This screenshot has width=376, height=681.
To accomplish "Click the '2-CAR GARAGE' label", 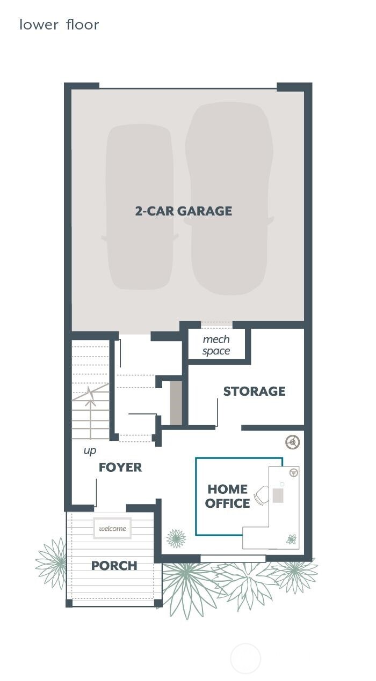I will (184, 211).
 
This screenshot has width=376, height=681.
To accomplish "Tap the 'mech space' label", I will (216, 345).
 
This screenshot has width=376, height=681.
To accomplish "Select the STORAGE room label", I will (254, 391).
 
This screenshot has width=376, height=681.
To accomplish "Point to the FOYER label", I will (120, 467).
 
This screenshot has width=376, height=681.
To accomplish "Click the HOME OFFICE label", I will (227, 496).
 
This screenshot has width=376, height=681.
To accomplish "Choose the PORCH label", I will (114, 565).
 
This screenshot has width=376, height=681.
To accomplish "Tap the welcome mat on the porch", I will (112, 528).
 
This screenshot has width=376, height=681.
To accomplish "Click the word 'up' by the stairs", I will (90, 450).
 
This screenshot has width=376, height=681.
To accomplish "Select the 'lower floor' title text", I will (59, 25).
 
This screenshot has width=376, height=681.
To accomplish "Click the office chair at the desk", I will (262, 495).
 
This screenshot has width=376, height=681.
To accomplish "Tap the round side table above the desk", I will (293, 442).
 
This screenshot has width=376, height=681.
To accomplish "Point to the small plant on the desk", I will (291, 539).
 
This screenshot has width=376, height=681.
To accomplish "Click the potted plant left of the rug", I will (176, 538).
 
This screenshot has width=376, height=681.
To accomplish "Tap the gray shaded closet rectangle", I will (176, 403).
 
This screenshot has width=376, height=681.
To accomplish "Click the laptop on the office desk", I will (278, 495).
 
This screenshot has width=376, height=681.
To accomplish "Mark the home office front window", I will (233, 558).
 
